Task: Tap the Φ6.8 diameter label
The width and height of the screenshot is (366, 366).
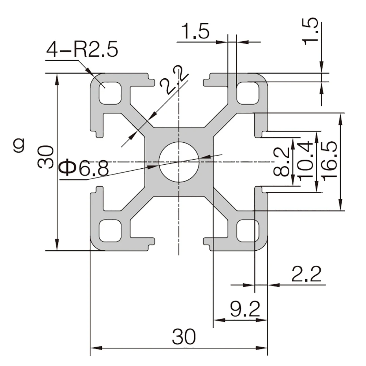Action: [x=83, y=168]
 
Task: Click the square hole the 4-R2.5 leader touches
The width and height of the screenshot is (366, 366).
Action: [x=110, y=93]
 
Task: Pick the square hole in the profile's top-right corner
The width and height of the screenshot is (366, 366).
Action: [x=248, y=93]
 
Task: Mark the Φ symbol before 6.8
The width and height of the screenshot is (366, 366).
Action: [x=68, y=168]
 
